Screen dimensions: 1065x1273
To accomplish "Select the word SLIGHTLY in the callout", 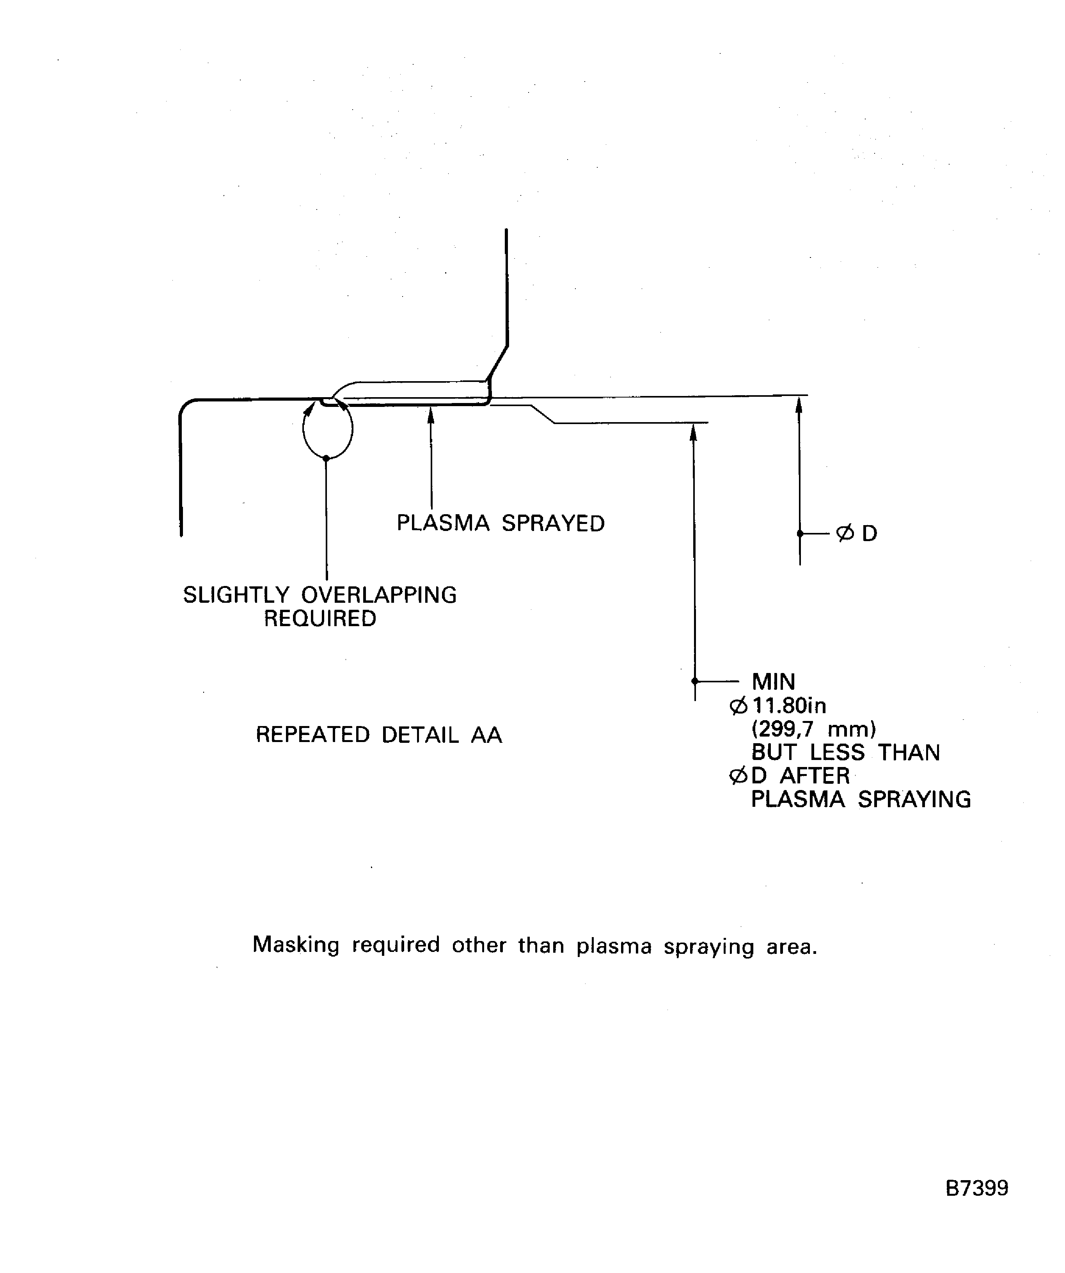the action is point(236,595).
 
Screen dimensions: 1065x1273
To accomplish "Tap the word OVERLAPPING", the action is point(379,595).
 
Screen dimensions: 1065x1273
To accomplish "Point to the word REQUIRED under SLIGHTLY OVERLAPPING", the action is point(320,618).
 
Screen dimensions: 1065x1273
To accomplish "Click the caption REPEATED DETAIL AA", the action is point(379,735).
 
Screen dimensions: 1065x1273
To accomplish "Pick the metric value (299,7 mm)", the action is point(813,729).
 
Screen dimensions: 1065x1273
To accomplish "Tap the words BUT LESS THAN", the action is point(846,752).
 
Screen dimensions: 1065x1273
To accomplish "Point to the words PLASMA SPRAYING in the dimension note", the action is point(861,799).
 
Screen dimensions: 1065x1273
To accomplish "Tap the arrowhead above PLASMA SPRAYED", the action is point(431,415).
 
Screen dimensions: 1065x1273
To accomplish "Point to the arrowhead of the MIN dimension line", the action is point(694,431).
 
